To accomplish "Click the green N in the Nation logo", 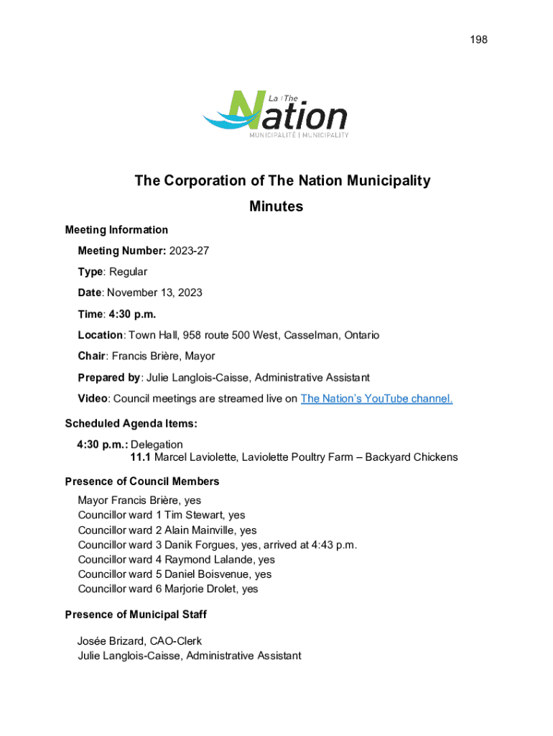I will point(252,113).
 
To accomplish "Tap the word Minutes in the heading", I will point(276,207).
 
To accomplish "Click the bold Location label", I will point(101,335).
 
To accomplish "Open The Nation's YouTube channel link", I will point(376,399).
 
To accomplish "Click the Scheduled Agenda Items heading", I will point(131,424).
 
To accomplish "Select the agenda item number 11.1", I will point(141,457).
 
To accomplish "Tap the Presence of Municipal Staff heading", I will point(136,615).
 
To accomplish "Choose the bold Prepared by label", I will point(109,377).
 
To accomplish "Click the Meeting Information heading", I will point(116,230).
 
